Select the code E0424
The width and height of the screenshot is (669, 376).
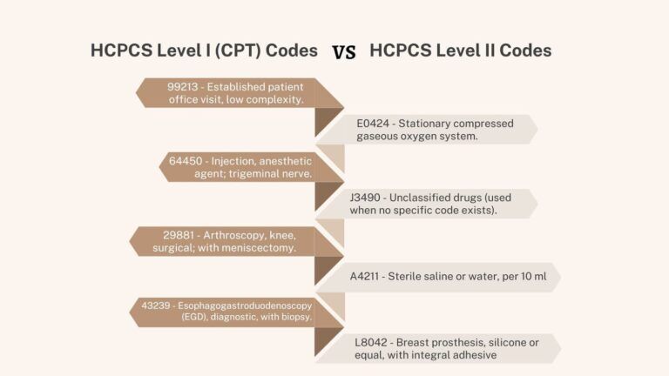tap(374, 123)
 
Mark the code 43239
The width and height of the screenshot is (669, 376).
tap(158, 305)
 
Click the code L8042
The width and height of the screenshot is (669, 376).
tap(372, 342)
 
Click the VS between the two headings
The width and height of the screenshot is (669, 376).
tap(344, 52)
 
